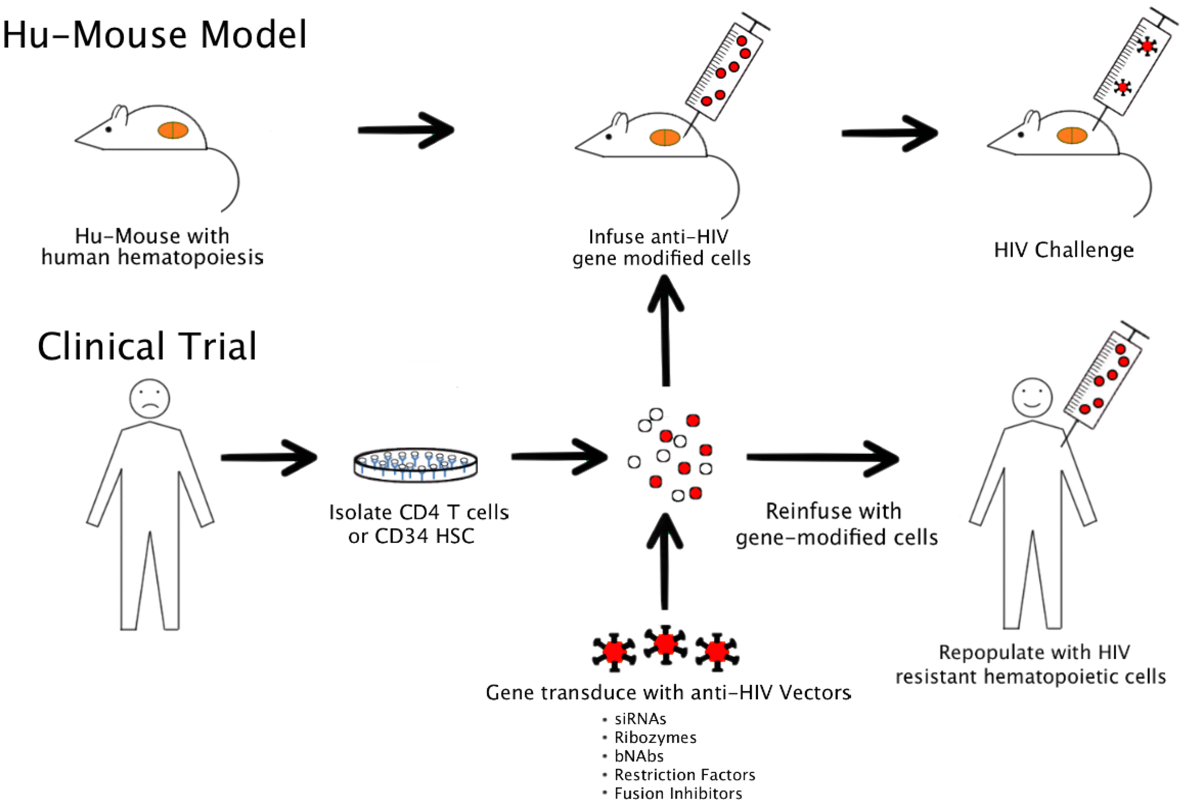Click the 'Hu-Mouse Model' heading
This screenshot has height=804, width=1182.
coord(154,35)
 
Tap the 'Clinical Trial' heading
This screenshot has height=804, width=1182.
coord(147,346)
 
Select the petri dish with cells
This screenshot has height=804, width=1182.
coord(416,465)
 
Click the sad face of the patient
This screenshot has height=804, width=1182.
coord(150,399)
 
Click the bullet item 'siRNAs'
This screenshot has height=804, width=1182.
coord(640,719)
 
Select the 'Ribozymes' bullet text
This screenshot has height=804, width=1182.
coord(655,737)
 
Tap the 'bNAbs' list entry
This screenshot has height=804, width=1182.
coord(639,756)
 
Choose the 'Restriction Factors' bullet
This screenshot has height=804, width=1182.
coord(685,774)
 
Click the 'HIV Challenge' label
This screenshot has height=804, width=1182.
coord(1064,250)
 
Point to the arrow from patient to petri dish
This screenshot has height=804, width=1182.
coord(269,458)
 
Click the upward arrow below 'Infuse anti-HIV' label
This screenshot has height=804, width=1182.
coord(666,331)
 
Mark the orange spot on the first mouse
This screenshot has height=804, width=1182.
coord(173,130)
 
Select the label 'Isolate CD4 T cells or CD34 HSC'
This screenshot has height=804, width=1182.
coord(419,524)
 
